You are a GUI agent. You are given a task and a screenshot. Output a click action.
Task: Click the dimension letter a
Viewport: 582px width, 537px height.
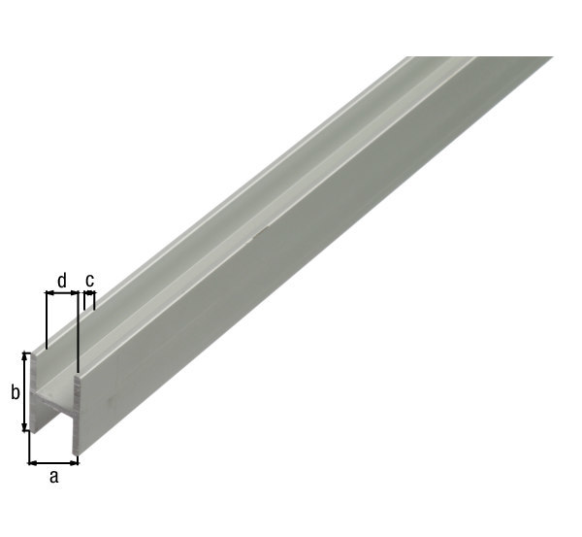[54, 477]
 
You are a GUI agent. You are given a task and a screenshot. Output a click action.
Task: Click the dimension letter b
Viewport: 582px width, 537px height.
[15, 392]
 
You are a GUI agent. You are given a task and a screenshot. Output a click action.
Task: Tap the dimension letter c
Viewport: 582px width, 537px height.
[90, 280]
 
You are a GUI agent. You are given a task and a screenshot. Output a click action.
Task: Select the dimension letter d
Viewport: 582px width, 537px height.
[62, 280]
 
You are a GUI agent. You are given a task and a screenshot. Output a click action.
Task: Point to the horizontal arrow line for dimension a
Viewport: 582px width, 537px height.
[53, 463]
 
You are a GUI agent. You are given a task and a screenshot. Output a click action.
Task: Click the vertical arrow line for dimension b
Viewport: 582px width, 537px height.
[25, 391]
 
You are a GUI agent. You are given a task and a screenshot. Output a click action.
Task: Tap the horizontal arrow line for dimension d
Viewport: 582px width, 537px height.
[62, 293]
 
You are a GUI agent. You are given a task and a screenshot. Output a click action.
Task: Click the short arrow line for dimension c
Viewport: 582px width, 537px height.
[89, 293]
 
